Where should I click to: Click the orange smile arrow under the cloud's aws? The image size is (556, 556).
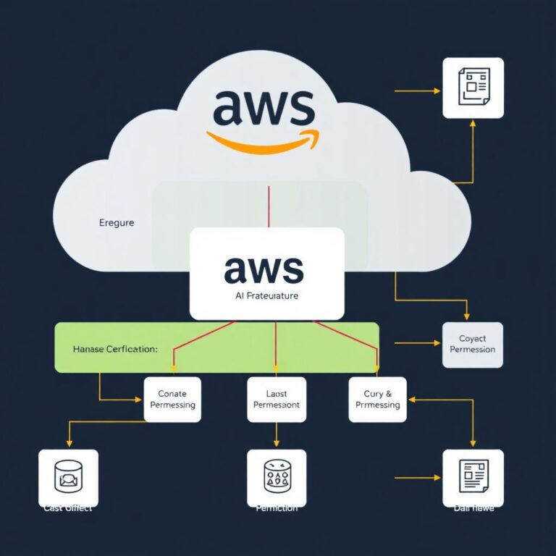pyautogui.click(x=262, y=140)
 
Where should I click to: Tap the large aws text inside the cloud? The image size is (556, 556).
pyautogui.click(x=264, y=108)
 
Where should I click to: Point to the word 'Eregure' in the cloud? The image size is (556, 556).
pyautogui.click(x=117, y=223)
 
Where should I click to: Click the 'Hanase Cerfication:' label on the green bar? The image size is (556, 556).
pyautogui.click(x=115, y=349)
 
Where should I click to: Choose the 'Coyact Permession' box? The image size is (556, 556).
pyautogui.click(x=472, y=344)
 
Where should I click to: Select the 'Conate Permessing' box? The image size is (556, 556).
pyautogui.click(x=172, y=399)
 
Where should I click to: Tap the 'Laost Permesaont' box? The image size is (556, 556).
pyautogui.click(x=277, y=400)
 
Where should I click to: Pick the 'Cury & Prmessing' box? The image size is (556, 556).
pyautogui.click(x=377, y=399)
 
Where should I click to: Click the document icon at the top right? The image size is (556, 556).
pyautogui.click(x=473, y=88)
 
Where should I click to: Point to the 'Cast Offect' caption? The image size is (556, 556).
pyautogui.click(x=67, y=508)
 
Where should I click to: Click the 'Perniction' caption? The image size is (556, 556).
pyautogui.click(x=277, y=508)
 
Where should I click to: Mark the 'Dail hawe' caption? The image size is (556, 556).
pyautogui.click(x=473, y=508)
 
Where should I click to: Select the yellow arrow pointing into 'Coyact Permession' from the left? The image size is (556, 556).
pyautogui.click(x=416, y=343)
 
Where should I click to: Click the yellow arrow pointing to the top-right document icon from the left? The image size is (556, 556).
pyautogui.click(x=418, y=91)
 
